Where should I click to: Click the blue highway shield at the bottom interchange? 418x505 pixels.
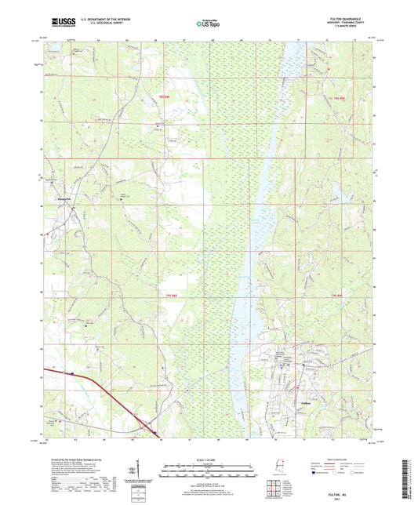pyautogui.click(x=155, y=432)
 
